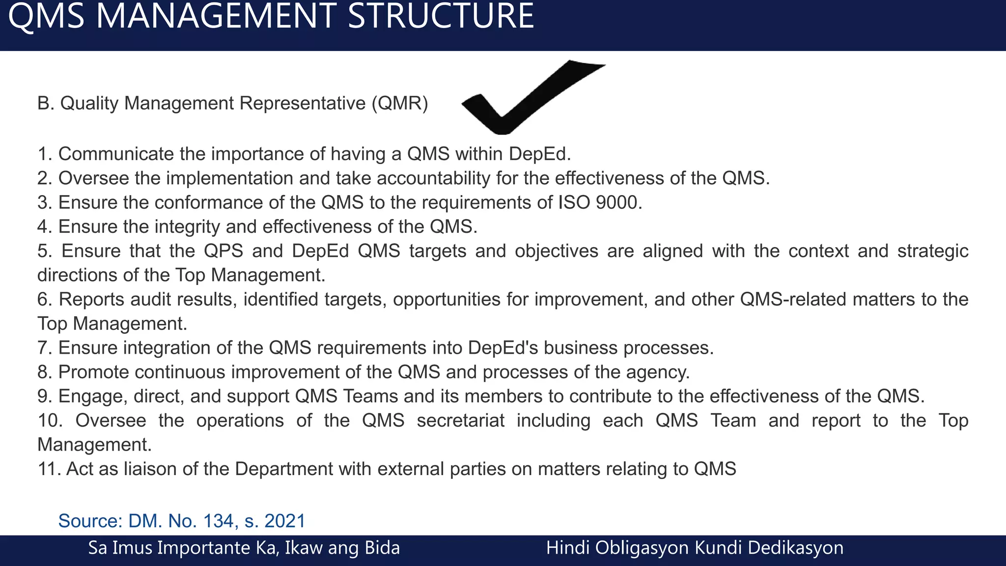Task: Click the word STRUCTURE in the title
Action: [x=441, y=16]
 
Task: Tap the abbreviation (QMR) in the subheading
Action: [x=399, y=104]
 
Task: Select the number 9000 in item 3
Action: [x=618, y=203]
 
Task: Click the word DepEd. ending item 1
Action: [x=540, y=154]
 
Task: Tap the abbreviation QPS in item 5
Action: [x=224, y=251]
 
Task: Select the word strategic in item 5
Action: [x=932, y=251]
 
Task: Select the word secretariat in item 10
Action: [x=460, y=421]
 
